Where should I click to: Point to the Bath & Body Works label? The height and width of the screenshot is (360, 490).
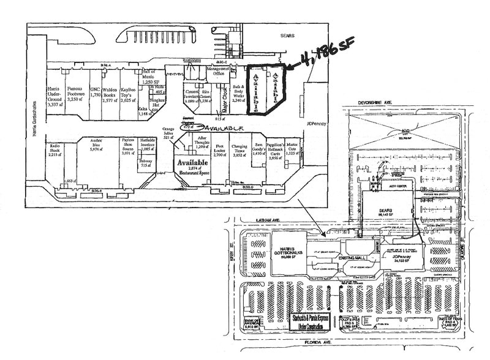click(x=238, y=95)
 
